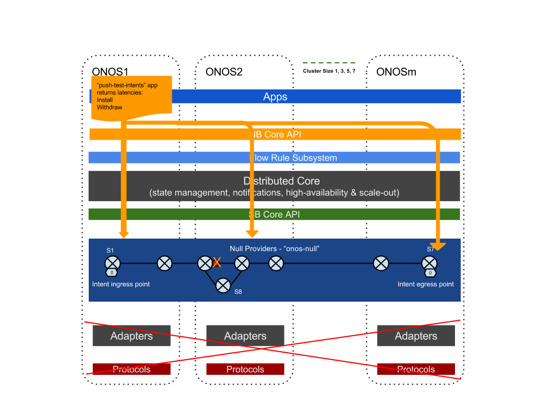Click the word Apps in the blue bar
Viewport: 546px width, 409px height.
click(275, 97)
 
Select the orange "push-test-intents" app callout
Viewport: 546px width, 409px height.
click(131, 97)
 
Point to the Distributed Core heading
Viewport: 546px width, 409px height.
click(282, 181)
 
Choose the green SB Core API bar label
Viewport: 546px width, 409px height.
click(274, 215)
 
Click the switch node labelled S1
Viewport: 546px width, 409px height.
click(113, 264)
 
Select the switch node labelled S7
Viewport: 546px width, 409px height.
click(429, 264)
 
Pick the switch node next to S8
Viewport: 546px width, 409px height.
click(223, 285)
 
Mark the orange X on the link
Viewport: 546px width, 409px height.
click(217, 262)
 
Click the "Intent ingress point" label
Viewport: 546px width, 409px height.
click(121, 284)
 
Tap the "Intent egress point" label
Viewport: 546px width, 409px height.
click(425, 284)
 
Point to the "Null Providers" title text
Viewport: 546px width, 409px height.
click(275, 249)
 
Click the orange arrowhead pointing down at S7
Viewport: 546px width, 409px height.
click(438, 247)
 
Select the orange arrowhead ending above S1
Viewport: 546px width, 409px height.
click(123, 234)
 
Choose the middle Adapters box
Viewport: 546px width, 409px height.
click(245, 336)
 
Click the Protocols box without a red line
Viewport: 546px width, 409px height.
click(245, 369)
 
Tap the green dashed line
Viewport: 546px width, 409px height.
click(329, 62)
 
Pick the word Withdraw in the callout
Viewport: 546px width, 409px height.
click(110, 107)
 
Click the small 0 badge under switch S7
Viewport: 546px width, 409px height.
click(430, 273)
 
